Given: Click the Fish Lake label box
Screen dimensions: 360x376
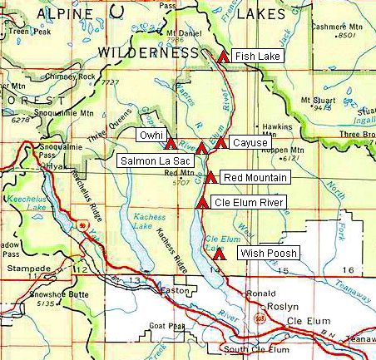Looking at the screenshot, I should click(257, 57).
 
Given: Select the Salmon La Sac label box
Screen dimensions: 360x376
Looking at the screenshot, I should click(156, 160).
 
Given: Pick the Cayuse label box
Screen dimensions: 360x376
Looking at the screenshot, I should click(250, 143).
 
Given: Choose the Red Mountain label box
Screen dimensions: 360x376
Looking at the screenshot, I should click(255, 178).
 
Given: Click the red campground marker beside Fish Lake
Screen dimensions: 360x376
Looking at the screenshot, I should click(222, 57).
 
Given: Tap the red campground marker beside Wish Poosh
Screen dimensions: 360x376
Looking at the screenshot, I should click(218, 255).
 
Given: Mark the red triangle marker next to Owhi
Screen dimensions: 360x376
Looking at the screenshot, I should click(171, 144).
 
